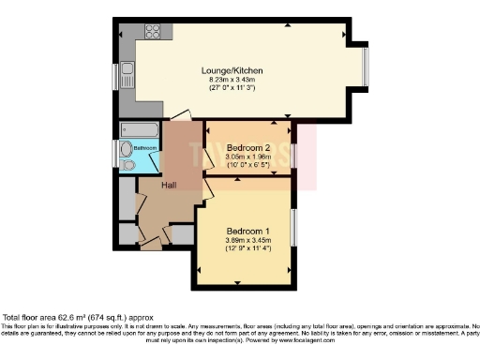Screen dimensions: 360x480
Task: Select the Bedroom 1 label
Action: (x=248, y=232)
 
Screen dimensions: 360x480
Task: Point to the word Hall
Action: (x=169, y=186)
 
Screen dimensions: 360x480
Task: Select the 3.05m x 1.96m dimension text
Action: (x=248, y=157)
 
